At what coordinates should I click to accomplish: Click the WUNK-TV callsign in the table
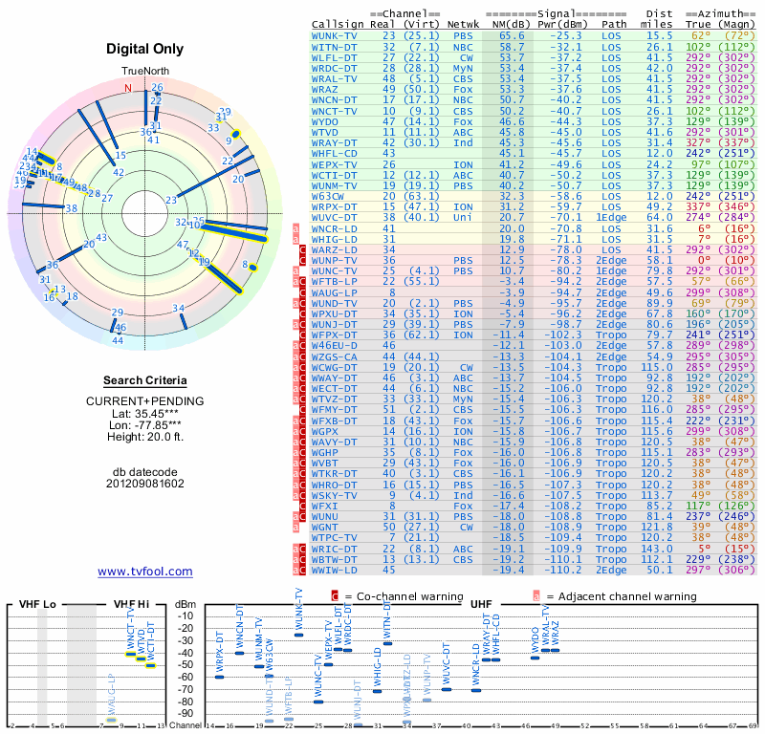click(335, 34)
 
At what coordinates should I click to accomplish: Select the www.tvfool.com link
click(144, 572)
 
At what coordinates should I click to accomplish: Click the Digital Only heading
click(144, 49)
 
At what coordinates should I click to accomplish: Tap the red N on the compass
click(127, 88)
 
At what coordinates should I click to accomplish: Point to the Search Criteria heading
click(144, 379)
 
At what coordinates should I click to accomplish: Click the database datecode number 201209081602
click(144, 483)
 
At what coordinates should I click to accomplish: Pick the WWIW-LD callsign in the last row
click(335, 570)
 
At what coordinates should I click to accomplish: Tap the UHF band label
click(481, 604)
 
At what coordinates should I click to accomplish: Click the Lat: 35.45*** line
click(144, 412)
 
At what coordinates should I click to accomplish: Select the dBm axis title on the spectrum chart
click(185, 604)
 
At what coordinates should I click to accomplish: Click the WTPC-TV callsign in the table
click(335, 538)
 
